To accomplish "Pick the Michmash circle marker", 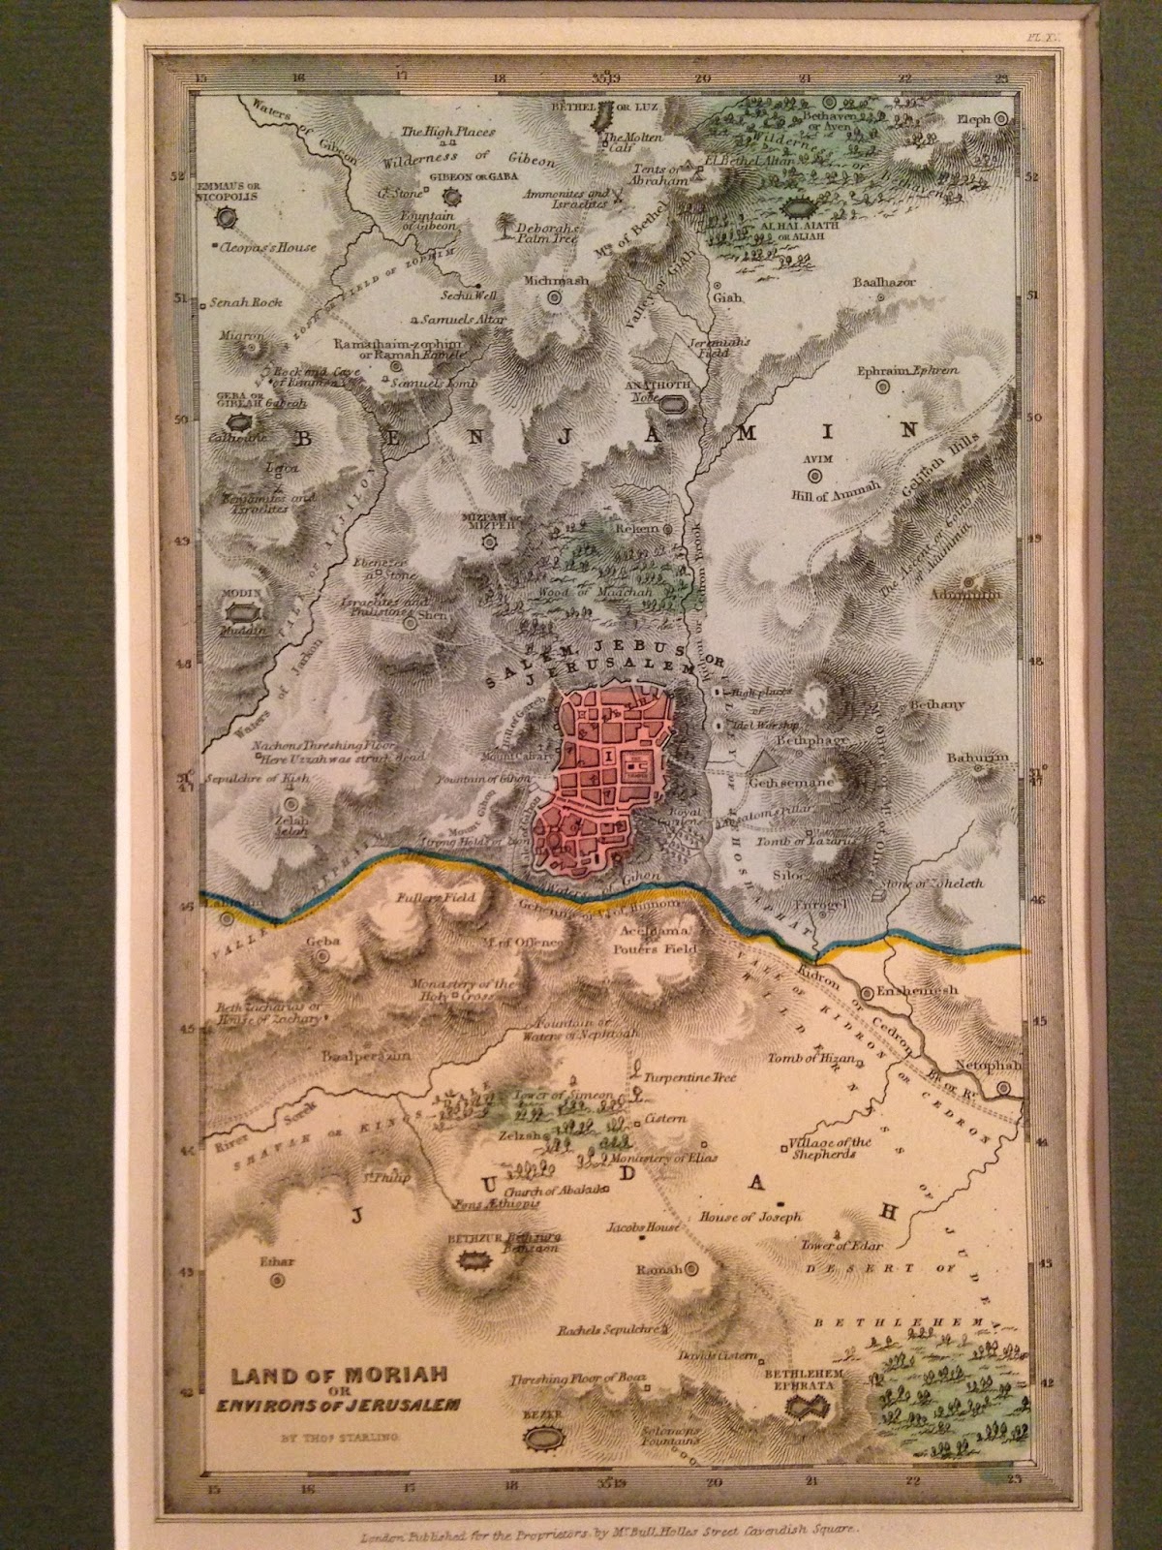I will pyautogui.click(x=555, y=297).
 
